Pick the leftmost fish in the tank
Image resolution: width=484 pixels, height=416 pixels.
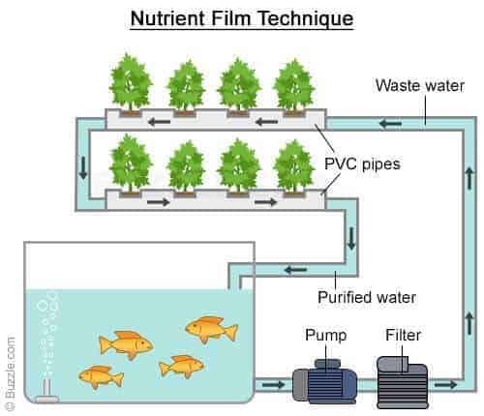point(100,375)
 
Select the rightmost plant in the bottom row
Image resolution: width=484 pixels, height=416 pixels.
point(294,165)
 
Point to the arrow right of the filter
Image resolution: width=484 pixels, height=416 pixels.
point(443,387)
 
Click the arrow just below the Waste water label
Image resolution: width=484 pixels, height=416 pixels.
point(391,123)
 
